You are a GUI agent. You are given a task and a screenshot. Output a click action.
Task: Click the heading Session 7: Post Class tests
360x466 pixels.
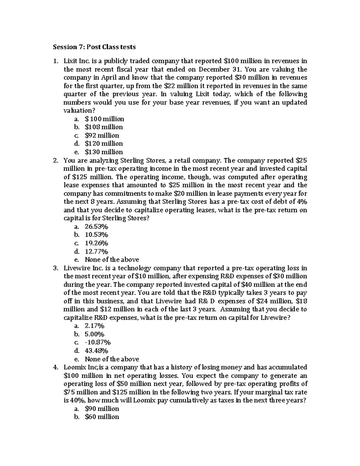coord(94,47)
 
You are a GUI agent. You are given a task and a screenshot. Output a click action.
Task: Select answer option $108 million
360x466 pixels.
coord(103,127)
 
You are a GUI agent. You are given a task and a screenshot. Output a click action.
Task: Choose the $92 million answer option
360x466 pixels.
coord(102,135)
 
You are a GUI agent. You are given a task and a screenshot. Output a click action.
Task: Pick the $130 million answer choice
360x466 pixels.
coord(103,152)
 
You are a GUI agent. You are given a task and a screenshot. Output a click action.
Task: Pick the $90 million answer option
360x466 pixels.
coord(102,409)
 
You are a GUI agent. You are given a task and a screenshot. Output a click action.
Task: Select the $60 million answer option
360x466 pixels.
coord(102,417)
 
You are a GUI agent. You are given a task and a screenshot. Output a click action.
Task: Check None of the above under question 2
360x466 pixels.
coord(112,260)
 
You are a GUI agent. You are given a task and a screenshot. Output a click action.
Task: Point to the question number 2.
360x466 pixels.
coord(55,160)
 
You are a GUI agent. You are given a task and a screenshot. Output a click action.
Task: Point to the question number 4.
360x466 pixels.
coord(55,367)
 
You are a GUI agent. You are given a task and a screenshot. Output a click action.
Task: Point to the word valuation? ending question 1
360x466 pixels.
coord(77,111)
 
